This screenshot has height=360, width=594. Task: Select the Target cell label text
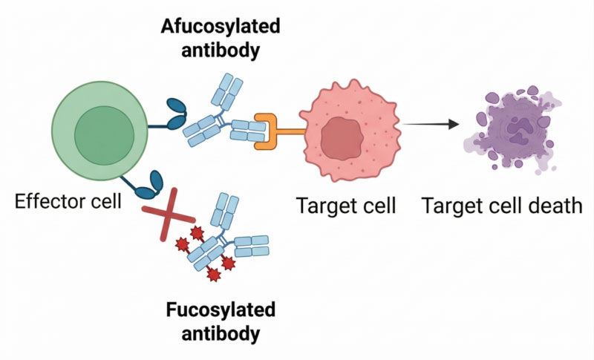pos(346,204)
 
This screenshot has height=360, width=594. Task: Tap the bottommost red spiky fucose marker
pos(213,275)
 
